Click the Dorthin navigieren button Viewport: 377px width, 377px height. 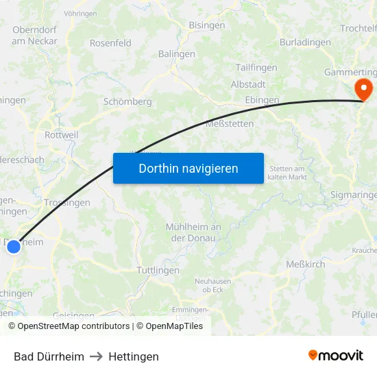click(x=188, y=168)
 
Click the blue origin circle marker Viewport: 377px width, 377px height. click(x=13, y=246)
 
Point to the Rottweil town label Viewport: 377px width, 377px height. click(x=61, y=135)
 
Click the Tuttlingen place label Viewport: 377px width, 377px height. click(x=158, y=270)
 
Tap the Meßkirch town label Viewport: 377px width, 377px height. click(x=306, y=263)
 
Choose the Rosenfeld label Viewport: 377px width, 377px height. click(x=110, y=42)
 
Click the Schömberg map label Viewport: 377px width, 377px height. click(x=127, y=101)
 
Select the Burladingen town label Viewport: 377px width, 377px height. click(x=305, y=42)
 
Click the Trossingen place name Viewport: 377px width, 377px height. click(x=66, y=203)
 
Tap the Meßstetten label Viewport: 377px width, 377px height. click(x=230, y=124)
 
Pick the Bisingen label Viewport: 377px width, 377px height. click(x=206, y=25)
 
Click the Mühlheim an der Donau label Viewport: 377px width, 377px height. click(x=193, y=232)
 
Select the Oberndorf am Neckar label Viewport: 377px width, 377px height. click(x=34, y=36)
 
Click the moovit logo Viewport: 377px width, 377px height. click(x=336, y=355)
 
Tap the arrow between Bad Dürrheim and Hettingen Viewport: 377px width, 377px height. click(x=96, y=356)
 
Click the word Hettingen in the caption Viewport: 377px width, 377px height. click(x=134, y=356)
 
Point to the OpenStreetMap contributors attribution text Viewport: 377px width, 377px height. click(x=73, y=326)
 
